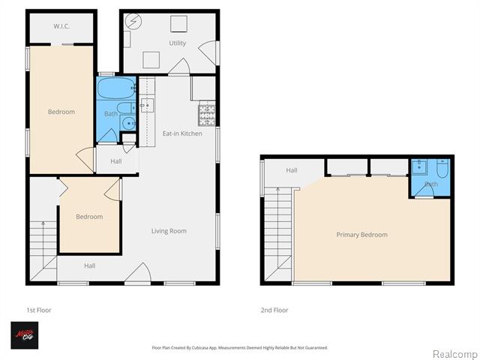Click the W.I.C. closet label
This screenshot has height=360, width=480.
(61, 26)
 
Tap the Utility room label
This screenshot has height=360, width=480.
(177, 43)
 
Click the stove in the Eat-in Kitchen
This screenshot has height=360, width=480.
(207, 115)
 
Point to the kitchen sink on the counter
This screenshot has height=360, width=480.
(147, 105)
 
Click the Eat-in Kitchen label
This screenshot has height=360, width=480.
(182, 133)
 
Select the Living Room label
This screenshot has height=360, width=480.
(168, 231)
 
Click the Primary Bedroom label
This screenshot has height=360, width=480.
(361, 235)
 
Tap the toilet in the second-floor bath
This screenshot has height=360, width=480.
(442, 169)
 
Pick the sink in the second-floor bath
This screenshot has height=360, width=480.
(420, 166)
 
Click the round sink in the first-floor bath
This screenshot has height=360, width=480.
(128, 124)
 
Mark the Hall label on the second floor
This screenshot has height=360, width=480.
(291, 171)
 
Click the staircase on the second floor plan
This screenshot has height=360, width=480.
(278, 229)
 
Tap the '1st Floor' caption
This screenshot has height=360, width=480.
(39, 310)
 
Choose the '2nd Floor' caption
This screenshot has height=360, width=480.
(274, 310)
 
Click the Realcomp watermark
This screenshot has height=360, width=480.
(454, 353)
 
